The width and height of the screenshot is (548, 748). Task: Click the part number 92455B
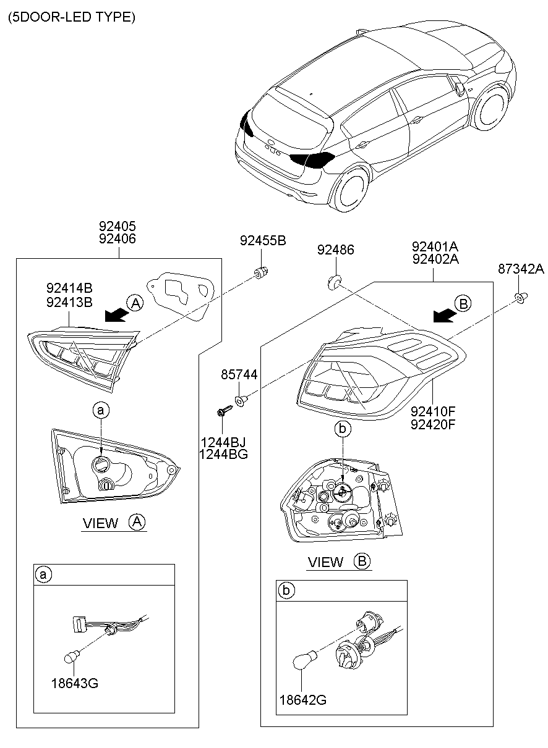click(x=263, y=241)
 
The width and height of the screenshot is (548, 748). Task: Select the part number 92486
click(x=336, y=250)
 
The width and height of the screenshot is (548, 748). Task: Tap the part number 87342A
click(x=521, y=269)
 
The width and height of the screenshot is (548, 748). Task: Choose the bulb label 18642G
click(x=302, y=700)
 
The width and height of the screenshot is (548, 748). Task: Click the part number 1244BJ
click(x=223, y=442)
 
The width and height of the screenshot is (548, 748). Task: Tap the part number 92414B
click(x=69, y=287)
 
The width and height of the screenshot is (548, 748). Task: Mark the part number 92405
click(x=118, y=227)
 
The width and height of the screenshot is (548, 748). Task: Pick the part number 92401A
click(x=435, y=246)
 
